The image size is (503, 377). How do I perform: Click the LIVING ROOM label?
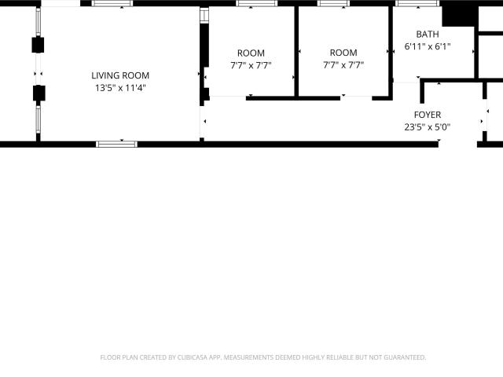[120, 75]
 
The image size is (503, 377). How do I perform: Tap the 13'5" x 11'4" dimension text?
[120, 88]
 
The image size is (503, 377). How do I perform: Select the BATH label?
[428, 35]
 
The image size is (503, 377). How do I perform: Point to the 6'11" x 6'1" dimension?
[428, 46]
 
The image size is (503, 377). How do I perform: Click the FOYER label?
[428, 115]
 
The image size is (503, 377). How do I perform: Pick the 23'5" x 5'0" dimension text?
[428, 127]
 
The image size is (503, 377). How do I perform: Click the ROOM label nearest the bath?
[343, 53]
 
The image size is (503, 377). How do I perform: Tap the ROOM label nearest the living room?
[251, 53]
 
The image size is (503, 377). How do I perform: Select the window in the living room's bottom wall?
[117, 145]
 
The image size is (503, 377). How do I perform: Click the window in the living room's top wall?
[112, 3]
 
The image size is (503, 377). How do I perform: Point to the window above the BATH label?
[417, 3]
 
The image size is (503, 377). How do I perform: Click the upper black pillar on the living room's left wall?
[38, 45]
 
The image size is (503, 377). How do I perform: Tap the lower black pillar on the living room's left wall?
[39, 93]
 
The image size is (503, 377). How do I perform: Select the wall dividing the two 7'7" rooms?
[296, 51]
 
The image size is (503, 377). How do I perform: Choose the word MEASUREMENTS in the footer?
[248, 357]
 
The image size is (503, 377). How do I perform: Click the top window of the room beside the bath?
[333, 3]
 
